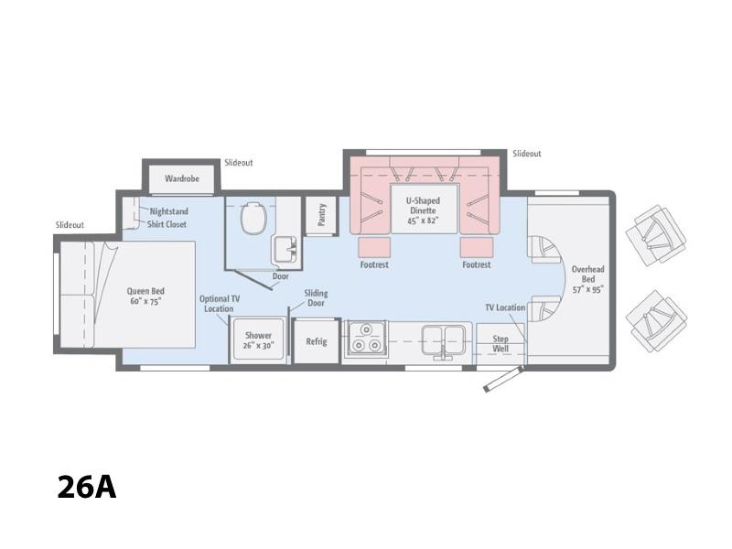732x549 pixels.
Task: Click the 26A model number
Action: (x=86, y=488)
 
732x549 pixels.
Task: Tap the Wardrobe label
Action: (x=181, y=178)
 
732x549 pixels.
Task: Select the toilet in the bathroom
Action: (x=254, y=218)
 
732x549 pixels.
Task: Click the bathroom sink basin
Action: (x=285, y=249)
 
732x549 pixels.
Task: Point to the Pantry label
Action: (x=321, y=215)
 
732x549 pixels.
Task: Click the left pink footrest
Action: (x=374, y=247)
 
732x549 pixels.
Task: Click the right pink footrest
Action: (x=476, y=247)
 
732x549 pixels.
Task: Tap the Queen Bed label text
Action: (x=145, y=296)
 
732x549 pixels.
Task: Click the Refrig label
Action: (x=316, y=341)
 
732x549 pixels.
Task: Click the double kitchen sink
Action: (x=443, y=340)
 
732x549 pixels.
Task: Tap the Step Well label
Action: (x=501, y=344)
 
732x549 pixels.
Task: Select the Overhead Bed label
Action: (x=588, y=279)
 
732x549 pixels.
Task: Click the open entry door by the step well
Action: (x=503, y=379)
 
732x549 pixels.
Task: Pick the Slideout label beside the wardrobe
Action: (x=239, y=163)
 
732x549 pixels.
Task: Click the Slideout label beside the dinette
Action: (x=527, y=154)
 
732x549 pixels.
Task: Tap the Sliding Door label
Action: (x=316, y=298)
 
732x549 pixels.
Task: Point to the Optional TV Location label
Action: (x=219, y=304)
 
